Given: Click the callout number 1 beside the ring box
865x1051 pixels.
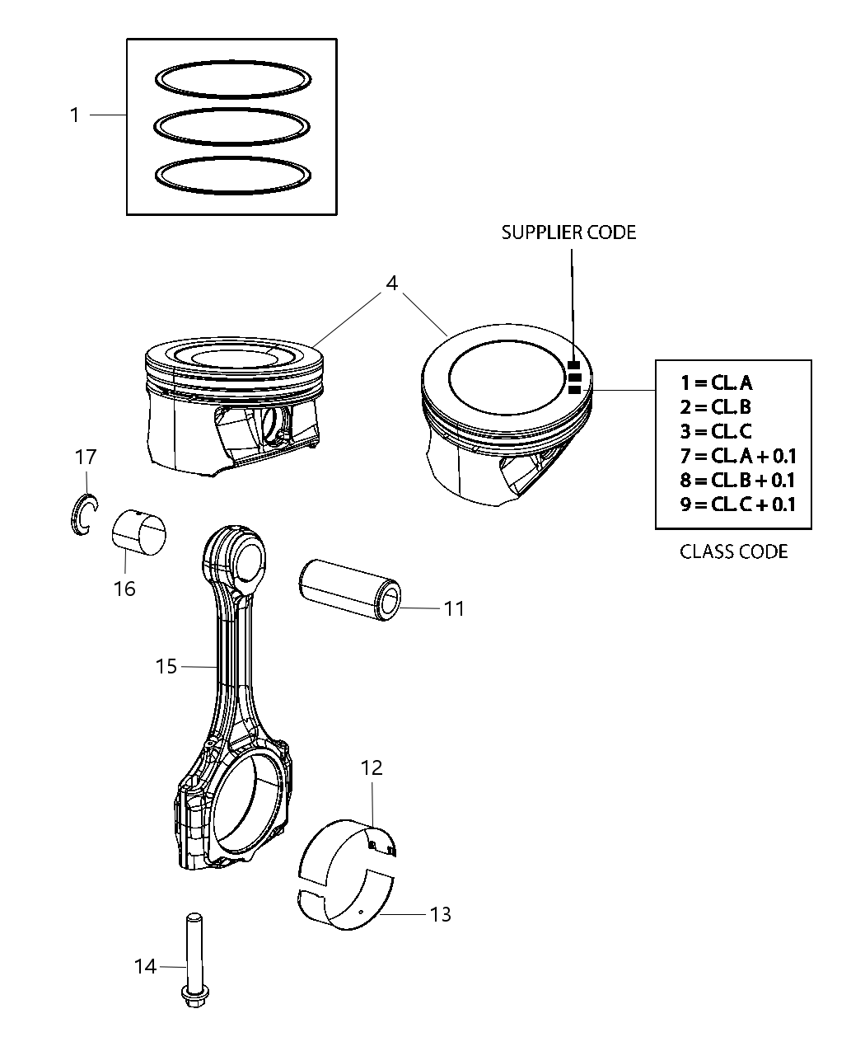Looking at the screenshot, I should point(75,115).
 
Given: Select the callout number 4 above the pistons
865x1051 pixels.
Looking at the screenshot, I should point(392,283).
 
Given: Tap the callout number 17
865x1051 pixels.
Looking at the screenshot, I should point(86,456).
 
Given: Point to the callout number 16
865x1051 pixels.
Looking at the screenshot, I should point(124,589).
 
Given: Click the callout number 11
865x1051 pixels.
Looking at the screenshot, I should point(454,609).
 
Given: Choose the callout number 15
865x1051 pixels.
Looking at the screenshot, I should point(166,666).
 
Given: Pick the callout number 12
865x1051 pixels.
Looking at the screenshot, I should point(372,767).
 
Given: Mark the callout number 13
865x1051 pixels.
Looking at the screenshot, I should point(441,914).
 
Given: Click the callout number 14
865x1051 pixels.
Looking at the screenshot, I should point(145,966).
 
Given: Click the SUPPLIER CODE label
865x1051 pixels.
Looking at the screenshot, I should point(568,232).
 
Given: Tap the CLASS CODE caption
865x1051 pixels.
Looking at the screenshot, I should point(733,551).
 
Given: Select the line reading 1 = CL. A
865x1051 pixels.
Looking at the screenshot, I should point(716,382).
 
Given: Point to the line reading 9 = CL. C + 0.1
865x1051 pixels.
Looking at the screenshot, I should point(737,504).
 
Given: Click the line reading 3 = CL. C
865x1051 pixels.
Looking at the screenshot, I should point(716,431).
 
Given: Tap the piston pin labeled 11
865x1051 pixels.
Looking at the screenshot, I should point(350,589).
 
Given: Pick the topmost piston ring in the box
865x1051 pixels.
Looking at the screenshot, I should point(233,77).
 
